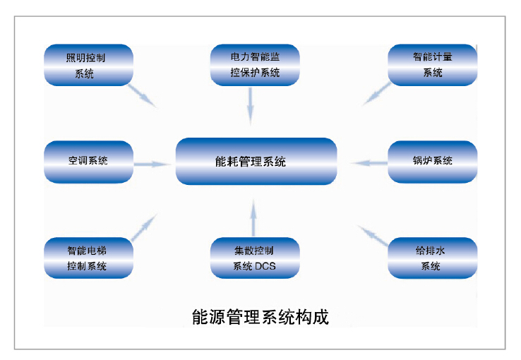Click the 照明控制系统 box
coord(88,65)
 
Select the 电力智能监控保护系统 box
coord(255,65)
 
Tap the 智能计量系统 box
coord(432,65)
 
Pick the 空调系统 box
coord(88,162)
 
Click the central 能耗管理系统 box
coord(255,162)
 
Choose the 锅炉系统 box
coord(432,162)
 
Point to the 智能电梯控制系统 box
coord(88,258)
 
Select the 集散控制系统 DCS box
coord(255,258)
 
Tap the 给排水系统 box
coord(432,258)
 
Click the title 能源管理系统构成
coord(260,318)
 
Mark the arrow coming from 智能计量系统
coord(376,95)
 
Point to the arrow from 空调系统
coord(152,164)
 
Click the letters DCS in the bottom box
coord(266,266)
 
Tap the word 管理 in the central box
coord(250,162)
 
